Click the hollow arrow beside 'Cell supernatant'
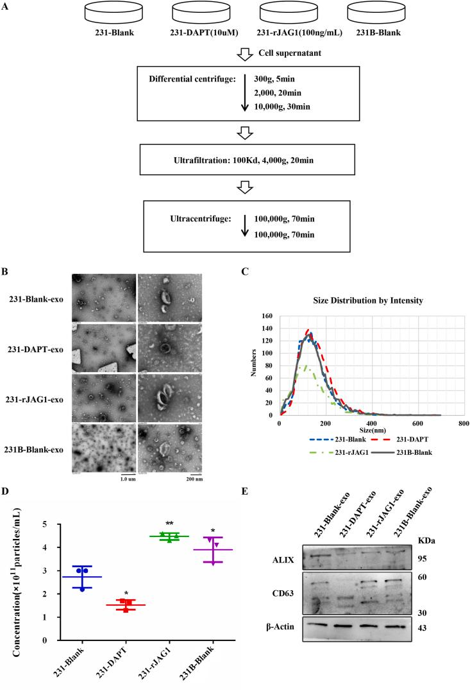click(244, 55)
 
